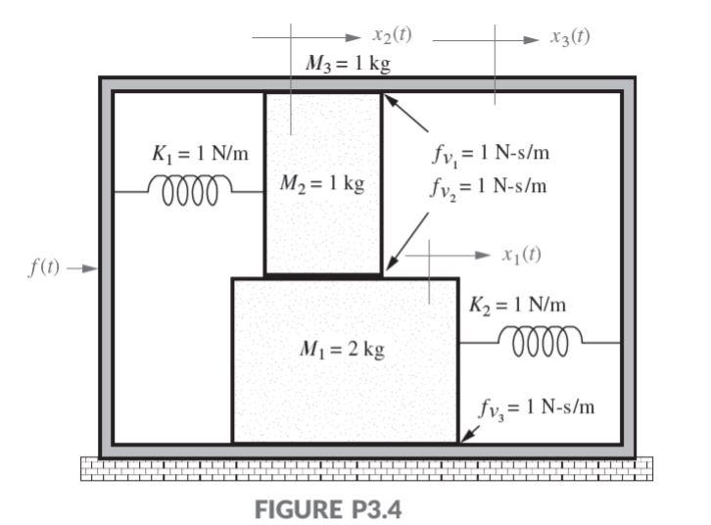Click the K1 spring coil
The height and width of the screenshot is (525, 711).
point(190,185)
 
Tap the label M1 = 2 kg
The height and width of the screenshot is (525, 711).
point(343,350)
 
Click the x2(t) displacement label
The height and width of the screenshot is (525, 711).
point(393,36)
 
